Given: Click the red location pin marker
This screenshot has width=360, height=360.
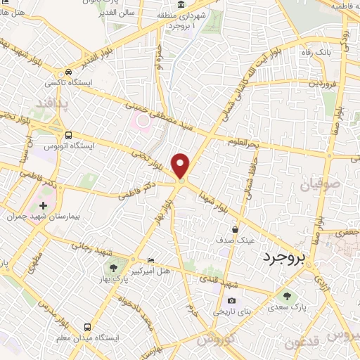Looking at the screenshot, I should (x=181, y=166).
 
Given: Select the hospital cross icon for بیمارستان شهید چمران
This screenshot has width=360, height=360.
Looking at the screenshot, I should (x=44, y=205).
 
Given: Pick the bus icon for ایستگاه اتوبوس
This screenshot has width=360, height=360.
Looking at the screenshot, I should (x=68, y=135).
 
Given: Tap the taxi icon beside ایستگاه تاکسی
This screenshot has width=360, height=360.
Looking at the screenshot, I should (x=68, y=72).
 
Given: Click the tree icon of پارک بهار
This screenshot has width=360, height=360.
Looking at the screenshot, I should (x=112, y=269).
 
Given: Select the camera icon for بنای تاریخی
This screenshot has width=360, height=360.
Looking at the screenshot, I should (x=252, y=300).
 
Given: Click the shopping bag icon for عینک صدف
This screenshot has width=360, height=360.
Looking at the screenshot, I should (x=235, y=229).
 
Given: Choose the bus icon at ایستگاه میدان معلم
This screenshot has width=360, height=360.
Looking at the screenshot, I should (x=87, y=327).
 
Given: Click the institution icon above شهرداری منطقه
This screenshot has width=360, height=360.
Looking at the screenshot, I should (x=181, y=6).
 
